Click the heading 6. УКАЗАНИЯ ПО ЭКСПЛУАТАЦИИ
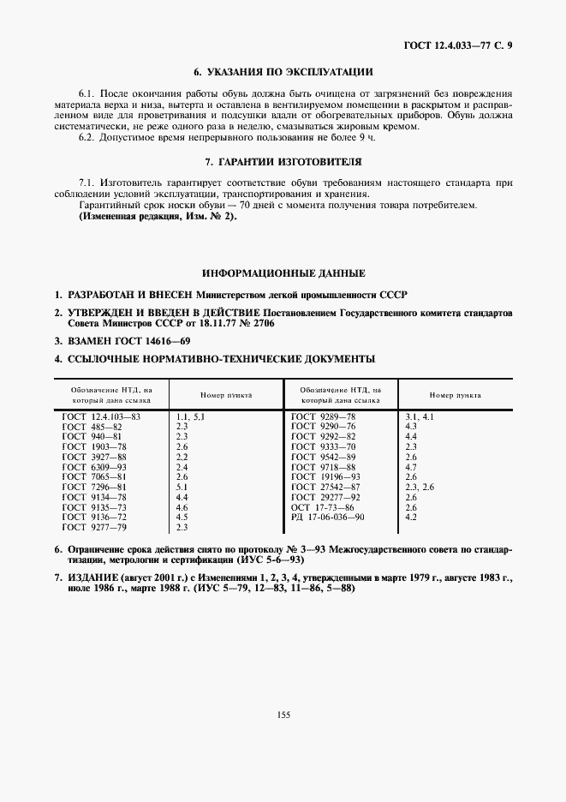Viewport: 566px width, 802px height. coord(283,72)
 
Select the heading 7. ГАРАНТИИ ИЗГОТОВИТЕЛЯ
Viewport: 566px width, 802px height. coord(283,161)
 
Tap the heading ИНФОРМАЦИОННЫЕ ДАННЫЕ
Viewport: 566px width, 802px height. coord(283,273)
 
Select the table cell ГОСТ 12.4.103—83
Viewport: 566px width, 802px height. coord(101,416)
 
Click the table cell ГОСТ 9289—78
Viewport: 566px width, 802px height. coord(323,416)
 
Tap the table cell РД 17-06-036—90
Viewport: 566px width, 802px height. coord(328,518)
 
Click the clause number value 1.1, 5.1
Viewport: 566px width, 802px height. coord(189,416)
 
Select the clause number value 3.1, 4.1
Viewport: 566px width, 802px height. coord(420,416)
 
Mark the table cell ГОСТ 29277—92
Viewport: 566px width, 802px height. coord(325,497)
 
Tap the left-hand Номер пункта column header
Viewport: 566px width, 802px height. coord(226,396)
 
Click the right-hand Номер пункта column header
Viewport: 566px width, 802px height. coord(455,396)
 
